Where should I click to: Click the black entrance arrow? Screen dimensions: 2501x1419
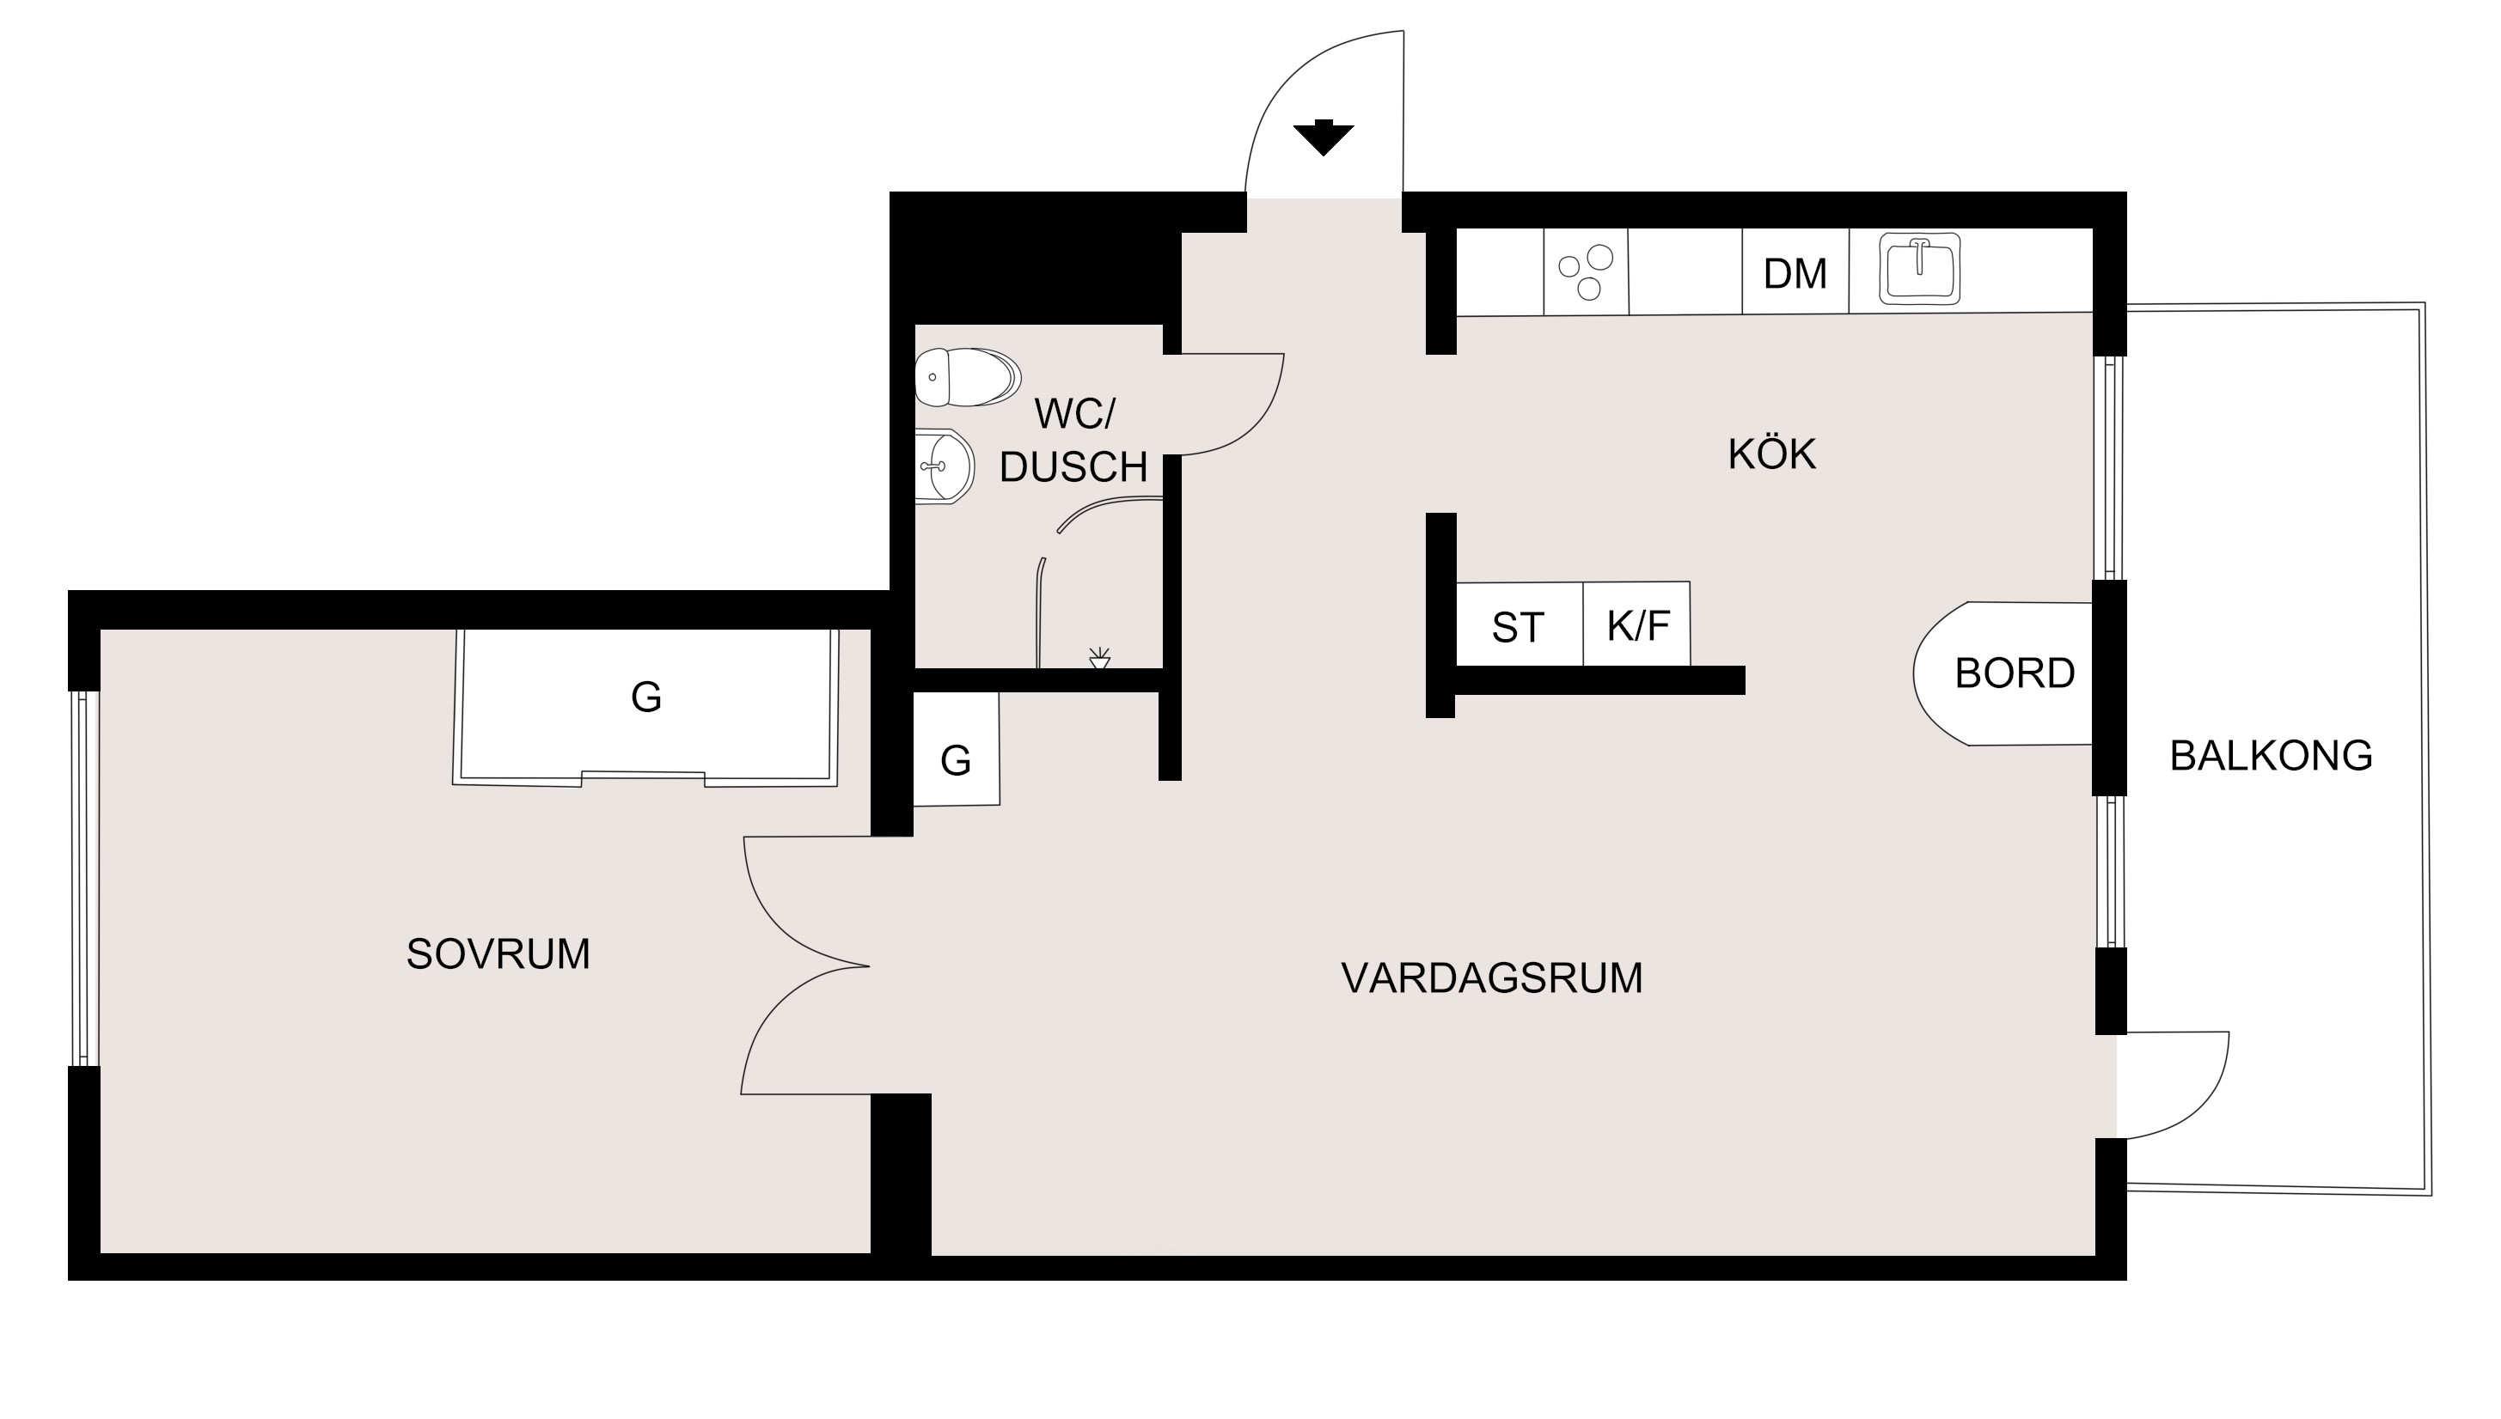coord(1324,137)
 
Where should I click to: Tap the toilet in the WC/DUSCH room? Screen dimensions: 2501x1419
coord(967,377)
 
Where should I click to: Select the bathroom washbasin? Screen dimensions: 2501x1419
coord(944,466)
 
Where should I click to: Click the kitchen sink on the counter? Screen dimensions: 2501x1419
coord(1920,268)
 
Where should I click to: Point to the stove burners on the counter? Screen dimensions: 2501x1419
coord(1586,273)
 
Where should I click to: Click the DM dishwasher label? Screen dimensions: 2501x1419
coord(1795,274)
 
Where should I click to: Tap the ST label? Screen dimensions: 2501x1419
coord(1517,628)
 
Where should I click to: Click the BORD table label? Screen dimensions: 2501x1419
coord(2015,673)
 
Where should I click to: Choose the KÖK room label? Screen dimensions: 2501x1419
coord(1771,454)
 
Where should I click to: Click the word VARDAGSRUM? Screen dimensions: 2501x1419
coord(1492,977)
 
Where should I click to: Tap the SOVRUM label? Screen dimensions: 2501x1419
coord(498,954)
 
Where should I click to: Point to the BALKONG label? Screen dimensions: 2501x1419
coord(2271,755)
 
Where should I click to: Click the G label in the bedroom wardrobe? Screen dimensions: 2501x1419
coord(646,697)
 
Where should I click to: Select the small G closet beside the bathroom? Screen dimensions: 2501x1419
coord(957,748)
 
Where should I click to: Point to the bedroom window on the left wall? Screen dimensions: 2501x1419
coord(82,878)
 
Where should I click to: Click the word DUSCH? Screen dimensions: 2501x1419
coord(1073,468)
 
